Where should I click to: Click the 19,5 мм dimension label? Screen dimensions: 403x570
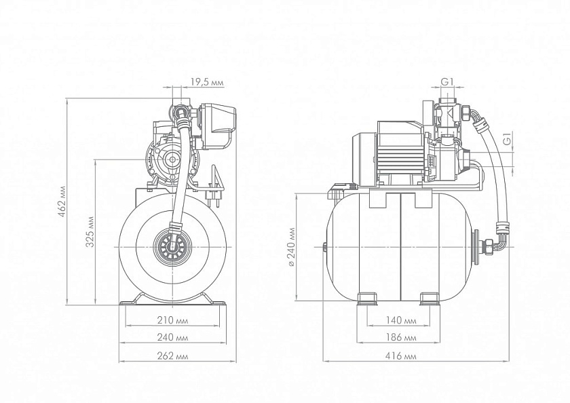tap(207, 82)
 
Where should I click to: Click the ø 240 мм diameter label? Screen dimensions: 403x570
tap(291, 248)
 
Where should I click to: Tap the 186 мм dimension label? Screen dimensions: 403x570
tap(403, 337)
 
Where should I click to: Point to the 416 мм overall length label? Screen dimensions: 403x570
tap(403, 356)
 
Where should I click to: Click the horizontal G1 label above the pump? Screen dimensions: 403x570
tap(446, 81)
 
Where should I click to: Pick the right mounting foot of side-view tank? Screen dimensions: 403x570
tap(430, 299)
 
